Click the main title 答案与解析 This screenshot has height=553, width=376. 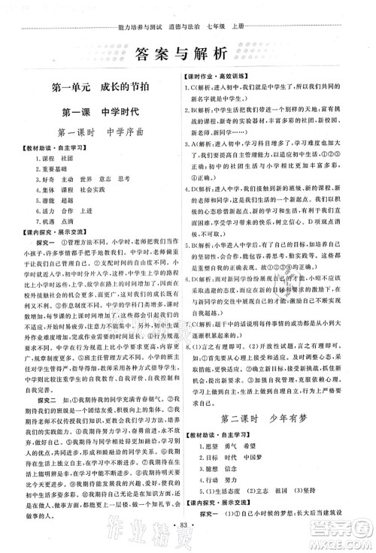[x=187, y=53]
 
